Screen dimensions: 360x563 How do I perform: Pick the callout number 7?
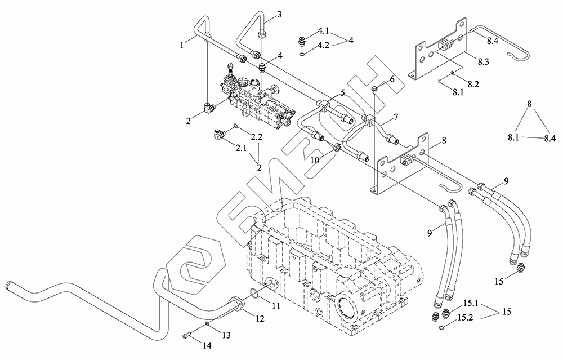tap(396, 117)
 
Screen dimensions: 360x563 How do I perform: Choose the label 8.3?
tap(484, 60)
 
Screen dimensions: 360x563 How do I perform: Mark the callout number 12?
tap(260, 318)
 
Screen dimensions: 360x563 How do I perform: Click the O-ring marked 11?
tap(254, 294)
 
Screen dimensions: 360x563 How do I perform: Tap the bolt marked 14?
tap(187, 337)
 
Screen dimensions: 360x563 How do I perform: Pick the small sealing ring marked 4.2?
tap(303, 54)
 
